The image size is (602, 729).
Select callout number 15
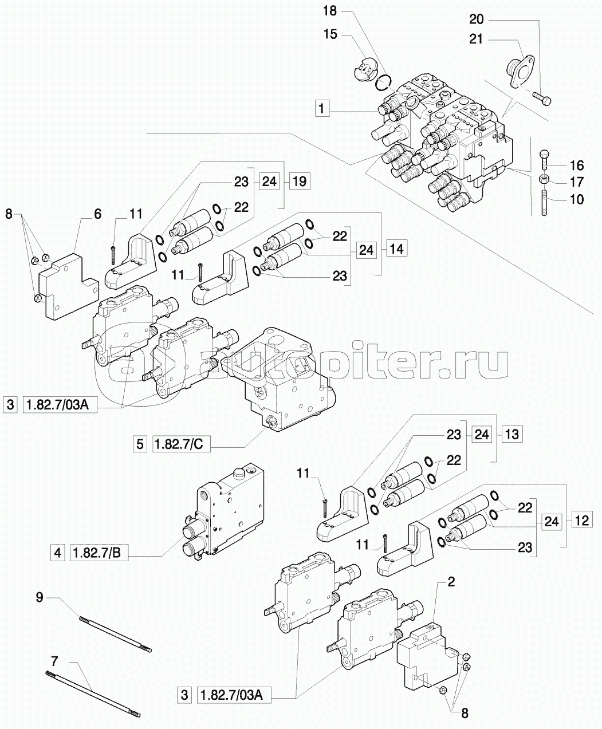pyautogui.click(x=330, y=34)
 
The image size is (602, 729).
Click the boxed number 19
pyautogui.click(x=300, y=181)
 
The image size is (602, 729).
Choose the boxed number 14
pyautogui.click(x=397, y=249)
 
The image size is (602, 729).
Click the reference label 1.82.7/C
pyautogui.click(x=182, y=444)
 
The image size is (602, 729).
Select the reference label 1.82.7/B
pyautogui.click(x=99, y=553)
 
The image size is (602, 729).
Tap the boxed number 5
pyautogui.click(x=140, y=444)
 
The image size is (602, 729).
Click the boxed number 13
pyautogui.click(x=512, y=434)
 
